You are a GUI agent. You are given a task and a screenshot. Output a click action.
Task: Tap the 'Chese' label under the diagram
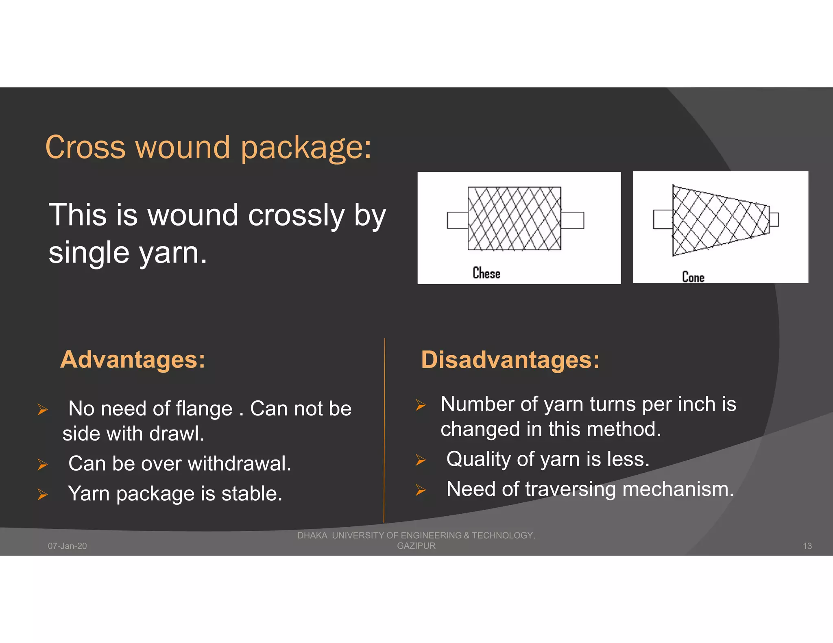click(x=486, y=273)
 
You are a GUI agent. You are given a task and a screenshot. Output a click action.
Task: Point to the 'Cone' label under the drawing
click(x=693, y=277)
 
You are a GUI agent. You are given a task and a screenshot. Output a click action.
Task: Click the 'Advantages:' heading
click(x=133, y=360)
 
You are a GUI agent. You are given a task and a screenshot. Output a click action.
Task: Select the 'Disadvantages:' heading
click(x=510, y=360)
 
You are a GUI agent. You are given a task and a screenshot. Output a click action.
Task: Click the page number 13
click(x=807, y=546)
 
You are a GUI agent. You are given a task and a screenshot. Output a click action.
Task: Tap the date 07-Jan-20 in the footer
click(x=68, y=546)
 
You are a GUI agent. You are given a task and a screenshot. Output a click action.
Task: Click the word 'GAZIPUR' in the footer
click(x=416, y=546)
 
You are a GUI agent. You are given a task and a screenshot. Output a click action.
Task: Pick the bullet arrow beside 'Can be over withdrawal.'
click(x=43, y=464)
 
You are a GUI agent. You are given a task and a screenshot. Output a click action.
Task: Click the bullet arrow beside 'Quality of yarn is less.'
click(x=421, y=460)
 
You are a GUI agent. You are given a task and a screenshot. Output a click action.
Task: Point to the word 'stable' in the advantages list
click(x=249, y=494)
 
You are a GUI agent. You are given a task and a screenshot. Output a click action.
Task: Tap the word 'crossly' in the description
click(x=296, y=215)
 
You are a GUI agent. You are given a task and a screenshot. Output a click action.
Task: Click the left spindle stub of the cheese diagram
click(x=458, y=220)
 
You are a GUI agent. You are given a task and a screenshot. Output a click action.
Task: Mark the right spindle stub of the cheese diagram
click(x=572, y=220)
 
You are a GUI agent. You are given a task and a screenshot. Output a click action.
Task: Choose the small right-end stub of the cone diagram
click(x=774, y=219)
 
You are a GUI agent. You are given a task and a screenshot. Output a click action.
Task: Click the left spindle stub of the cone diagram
click(x=663, y=219)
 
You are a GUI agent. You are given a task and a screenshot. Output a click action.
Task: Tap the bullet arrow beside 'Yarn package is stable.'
click(x=43, y=494)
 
